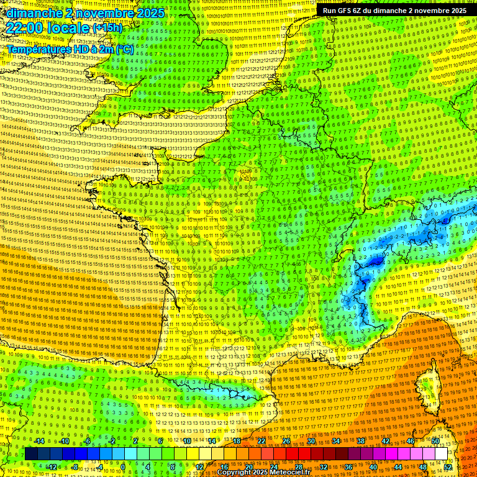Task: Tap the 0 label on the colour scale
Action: tap(123, 467)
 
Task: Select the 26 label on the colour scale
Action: tap(286, 441)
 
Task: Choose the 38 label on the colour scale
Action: tap(360, 441)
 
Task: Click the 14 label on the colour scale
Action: tap(211, 441)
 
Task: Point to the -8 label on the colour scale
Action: tap(76, 467)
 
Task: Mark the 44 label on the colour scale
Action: tap(397, 467)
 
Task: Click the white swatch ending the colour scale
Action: tap(441, 454)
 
